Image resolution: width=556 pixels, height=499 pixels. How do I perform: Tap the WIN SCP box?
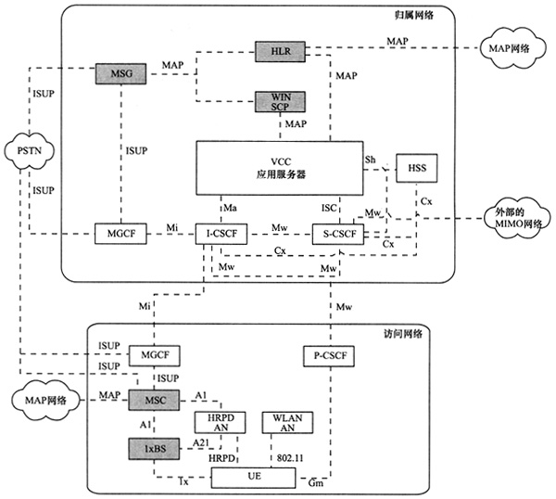point(279,102)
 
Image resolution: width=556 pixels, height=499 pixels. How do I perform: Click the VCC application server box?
point(279,167)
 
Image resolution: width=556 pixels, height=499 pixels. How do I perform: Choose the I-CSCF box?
point(221,233)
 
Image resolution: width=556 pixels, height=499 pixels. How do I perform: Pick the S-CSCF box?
point(335,233)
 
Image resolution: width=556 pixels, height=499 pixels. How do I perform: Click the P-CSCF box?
point(329,354)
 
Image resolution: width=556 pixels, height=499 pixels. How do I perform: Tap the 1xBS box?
point(148,448)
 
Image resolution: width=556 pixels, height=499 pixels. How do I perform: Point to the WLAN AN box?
point(286,424)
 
